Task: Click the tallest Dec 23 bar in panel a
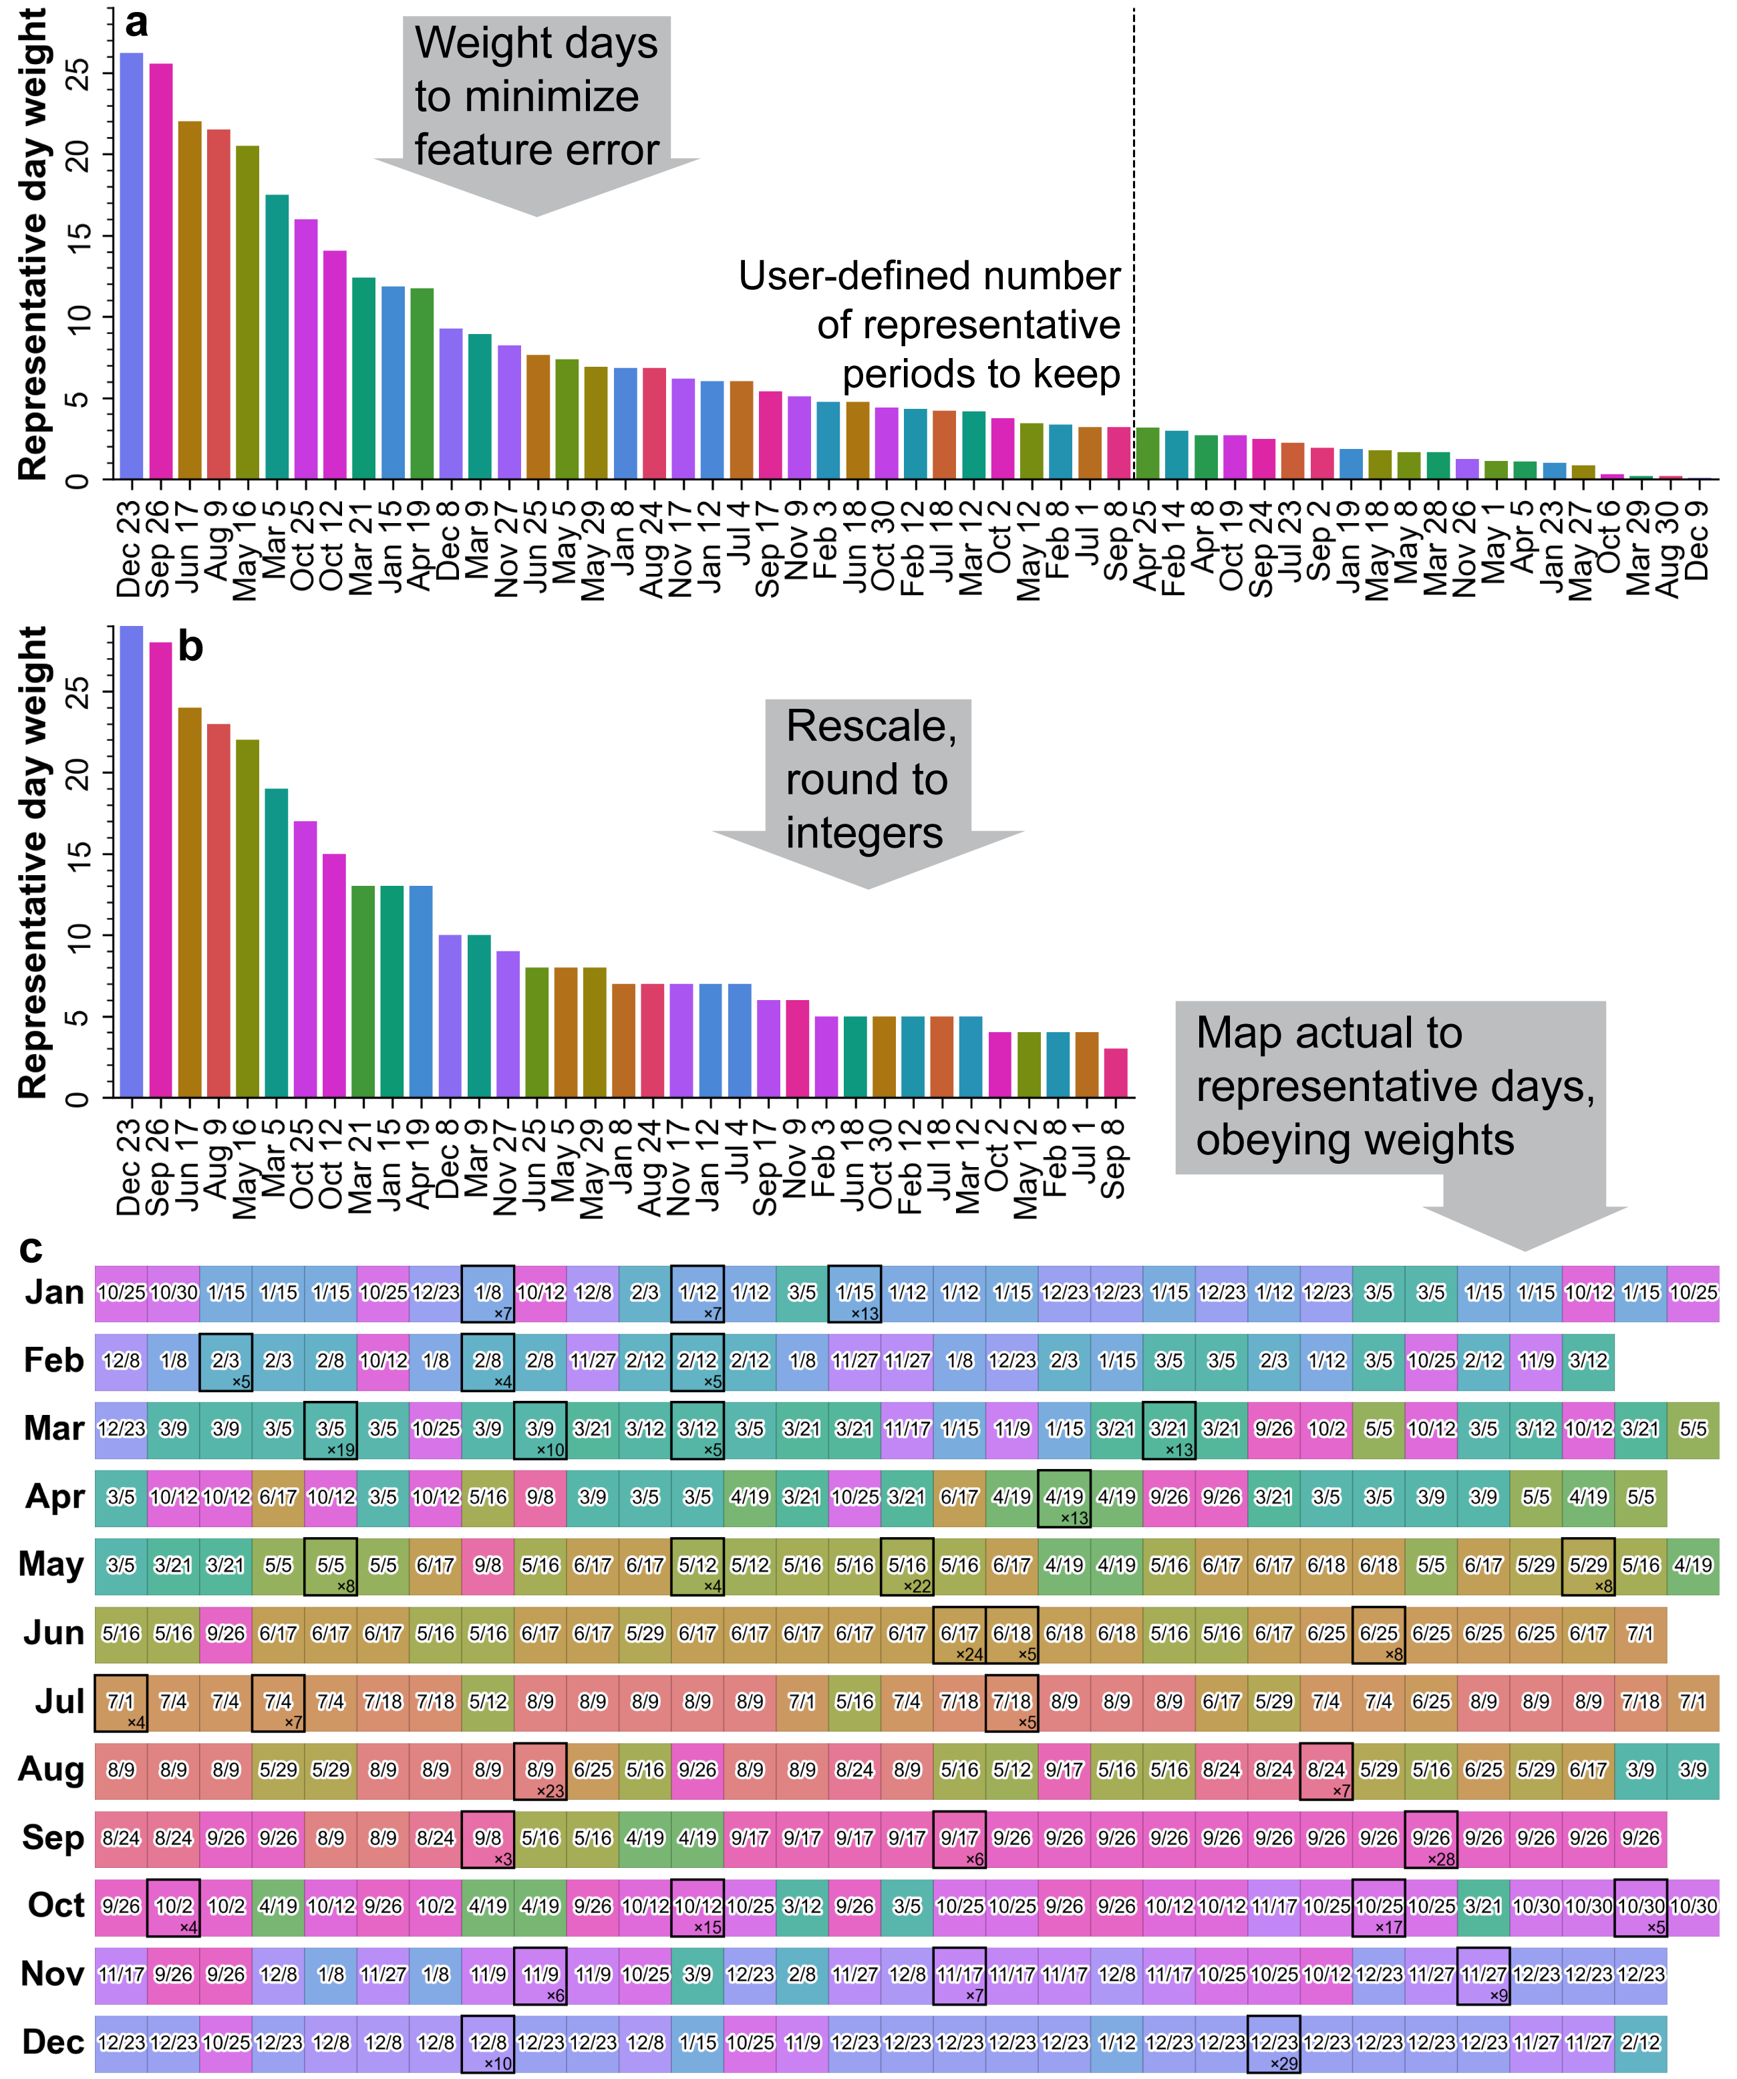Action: pos(131,267)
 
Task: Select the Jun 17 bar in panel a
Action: pos(189,302)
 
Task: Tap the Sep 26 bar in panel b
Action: pos(160,871)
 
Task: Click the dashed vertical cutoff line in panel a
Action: pos(1133,198)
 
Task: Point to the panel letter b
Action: pos(190,647)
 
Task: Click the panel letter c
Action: pos(31,1249)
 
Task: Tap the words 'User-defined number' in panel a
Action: pos(929,276)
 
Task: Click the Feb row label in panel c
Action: pos(53,1360)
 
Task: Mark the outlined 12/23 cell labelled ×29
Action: pos(1273,2042)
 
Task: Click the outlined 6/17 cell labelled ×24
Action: pos(959,1633)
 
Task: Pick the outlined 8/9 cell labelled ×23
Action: pos(540,1770)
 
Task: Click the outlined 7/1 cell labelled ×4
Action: pos(121,1702)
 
